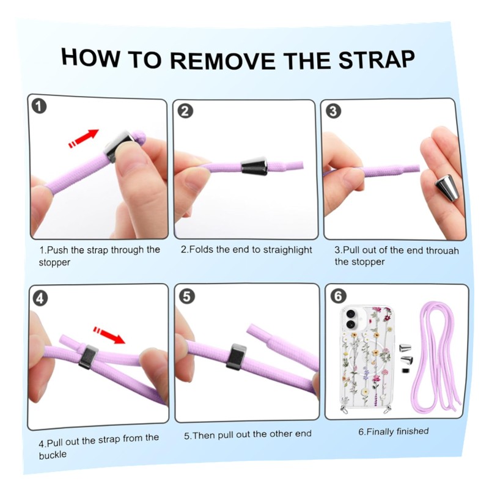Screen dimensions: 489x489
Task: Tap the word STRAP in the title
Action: click(x=377, y=59)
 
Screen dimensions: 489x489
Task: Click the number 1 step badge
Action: click(x=39, y=106)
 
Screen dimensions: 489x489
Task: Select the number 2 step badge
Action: click(x=185, y=111)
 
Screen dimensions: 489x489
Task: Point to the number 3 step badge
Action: click(x=333, y=111)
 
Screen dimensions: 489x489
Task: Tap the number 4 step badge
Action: click(x=40, y=299)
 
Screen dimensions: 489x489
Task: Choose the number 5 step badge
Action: click(x=187, y=296)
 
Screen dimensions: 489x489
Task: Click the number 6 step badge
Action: click(x=339, y=296)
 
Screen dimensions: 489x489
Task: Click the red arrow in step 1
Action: click(x=84, y=138)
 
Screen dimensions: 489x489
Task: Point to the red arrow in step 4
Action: click(x=109, y=334)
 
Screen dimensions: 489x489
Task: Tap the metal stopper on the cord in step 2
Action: click(x=254, y=166)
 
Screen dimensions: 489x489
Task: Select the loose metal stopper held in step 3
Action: click(x=447, y=188)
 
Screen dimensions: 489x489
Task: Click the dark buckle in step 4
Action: click(x=87, y=357)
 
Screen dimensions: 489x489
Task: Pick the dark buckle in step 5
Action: click(x=237, y=357)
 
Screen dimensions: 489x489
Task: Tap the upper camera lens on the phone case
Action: click(x=351, y=313)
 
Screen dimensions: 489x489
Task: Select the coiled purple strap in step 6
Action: click(x=436, y=356)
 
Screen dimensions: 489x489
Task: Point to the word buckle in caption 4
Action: click(x=53, y=455)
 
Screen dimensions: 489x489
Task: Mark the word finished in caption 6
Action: click(x=413, y=432)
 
